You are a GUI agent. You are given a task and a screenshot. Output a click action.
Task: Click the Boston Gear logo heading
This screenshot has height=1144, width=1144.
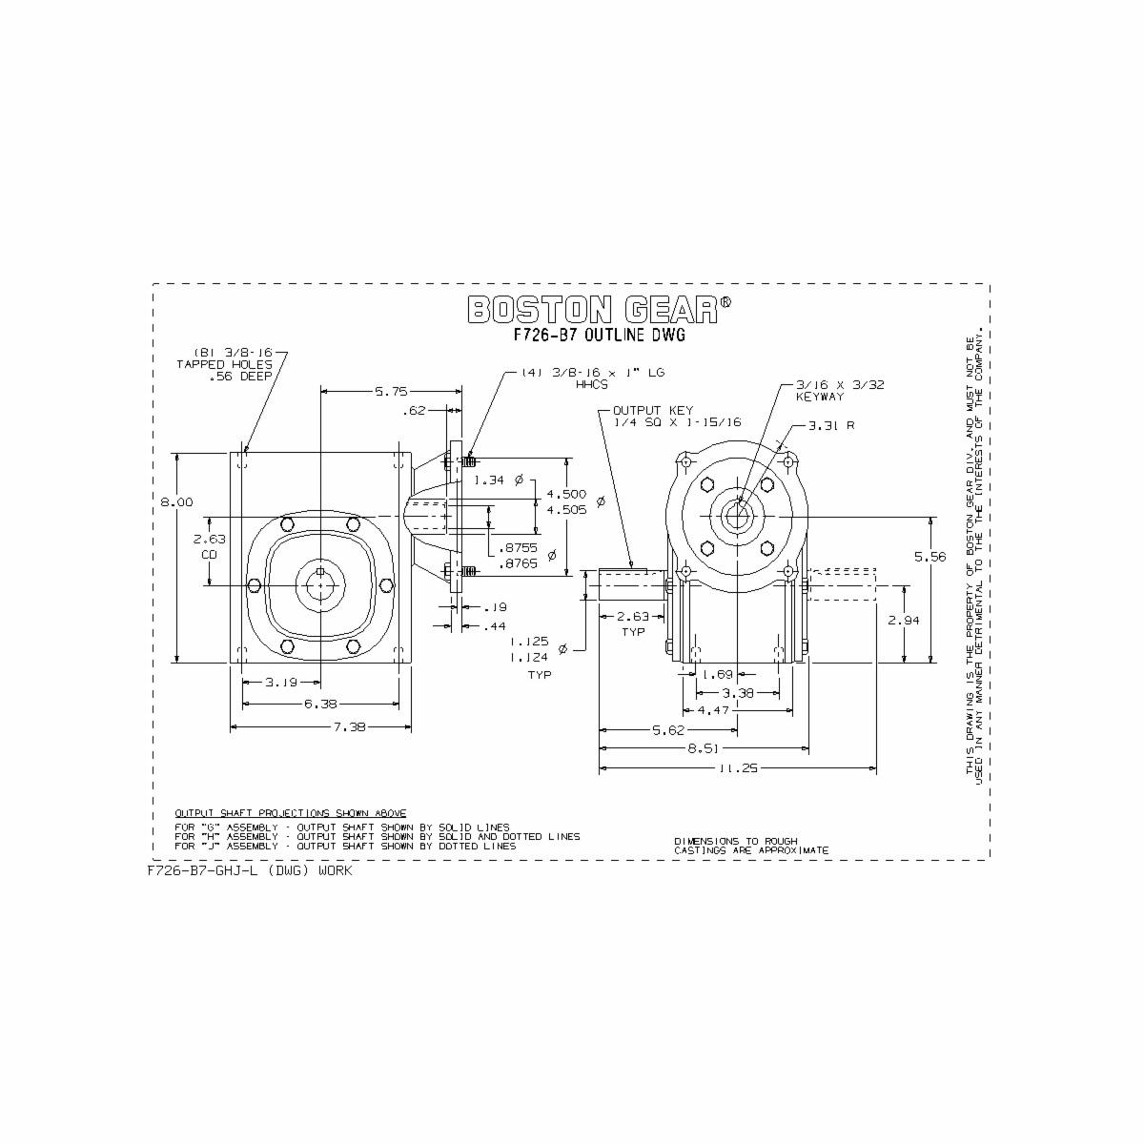600,309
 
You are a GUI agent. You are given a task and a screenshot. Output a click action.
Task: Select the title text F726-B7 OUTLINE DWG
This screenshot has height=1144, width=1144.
600,336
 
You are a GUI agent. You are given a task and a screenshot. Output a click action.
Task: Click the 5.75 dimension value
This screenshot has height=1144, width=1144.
391,390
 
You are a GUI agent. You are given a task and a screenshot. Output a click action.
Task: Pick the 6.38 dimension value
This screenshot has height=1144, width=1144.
319,704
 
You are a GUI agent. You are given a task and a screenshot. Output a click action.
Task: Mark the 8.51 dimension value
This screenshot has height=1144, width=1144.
703,748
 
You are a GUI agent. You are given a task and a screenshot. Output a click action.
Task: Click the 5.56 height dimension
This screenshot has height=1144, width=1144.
929,557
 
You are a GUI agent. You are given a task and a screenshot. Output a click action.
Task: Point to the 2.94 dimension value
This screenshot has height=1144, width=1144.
903,620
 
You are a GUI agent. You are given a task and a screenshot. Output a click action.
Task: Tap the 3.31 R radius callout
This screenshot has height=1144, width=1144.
831,425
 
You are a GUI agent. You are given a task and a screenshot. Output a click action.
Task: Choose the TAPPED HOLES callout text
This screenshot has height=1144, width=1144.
224,364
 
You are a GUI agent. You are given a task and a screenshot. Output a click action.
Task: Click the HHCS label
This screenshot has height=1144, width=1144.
592,387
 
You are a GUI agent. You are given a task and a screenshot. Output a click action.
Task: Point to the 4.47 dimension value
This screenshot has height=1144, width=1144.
714,710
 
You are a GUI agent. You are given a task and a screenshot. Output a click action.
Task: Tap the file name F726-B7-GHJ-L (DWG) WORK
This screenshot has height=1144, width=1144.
250,870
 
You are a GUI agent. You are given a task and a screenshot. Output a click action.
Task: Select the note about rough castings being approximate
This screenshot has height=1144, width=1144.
751,846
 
